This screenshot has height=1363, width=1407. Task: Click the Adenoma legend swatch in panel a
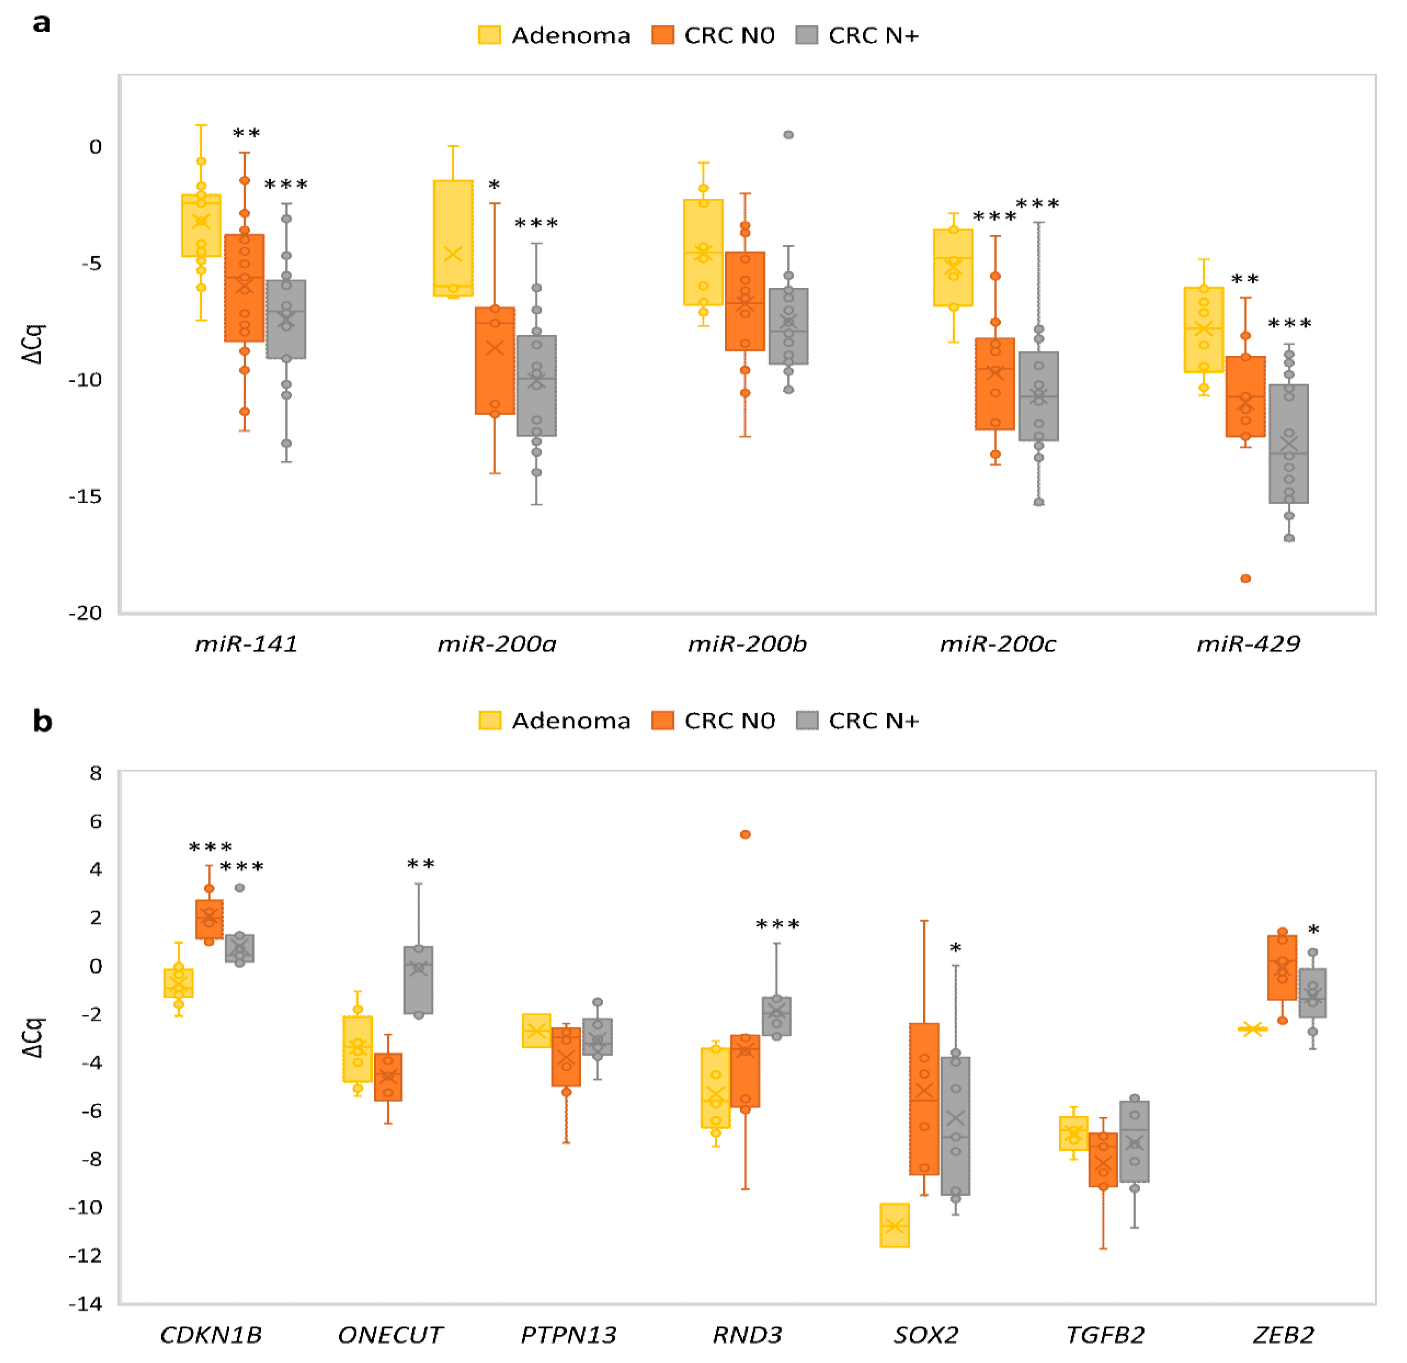[x=490, y=35]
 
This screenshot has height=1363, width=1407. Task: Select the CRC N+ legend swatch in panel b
[x=808, y=720]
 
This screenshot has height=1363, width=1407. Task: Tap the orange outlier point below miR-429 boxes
[x=1245, y=578]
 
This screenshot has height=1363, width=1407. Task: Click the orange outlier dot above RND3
[x=745, y=835]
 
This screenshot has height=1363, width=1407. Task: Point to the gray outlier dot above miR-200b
[x=788, y=135]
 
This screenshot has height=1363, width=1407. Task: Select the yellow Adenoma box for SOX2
[x=895, y=1225]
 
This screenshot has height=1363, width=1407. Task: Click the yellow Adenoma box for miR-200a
[x=453, y=237]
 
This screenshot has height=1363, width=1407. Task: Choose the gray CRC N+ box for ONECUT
[x=418, y=980]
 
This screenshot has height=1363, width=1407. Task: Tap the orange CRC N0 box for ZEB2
[x=1282, y=967]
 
